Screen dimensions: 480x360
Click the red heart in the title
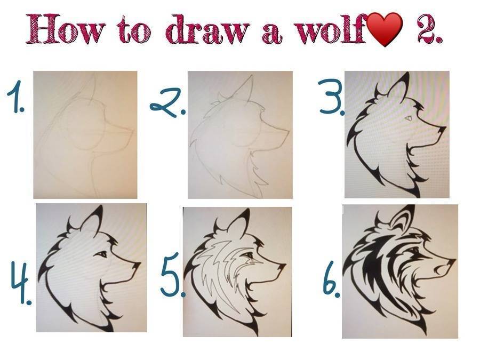click(x=385, y=30)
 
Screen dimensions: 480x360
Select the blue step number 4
click(x=21, y=282)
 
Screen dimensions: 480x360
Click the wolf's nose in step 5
click(x=281, y=267)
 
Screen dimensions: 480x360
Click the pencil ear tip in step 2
click(x=253, y=75)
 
